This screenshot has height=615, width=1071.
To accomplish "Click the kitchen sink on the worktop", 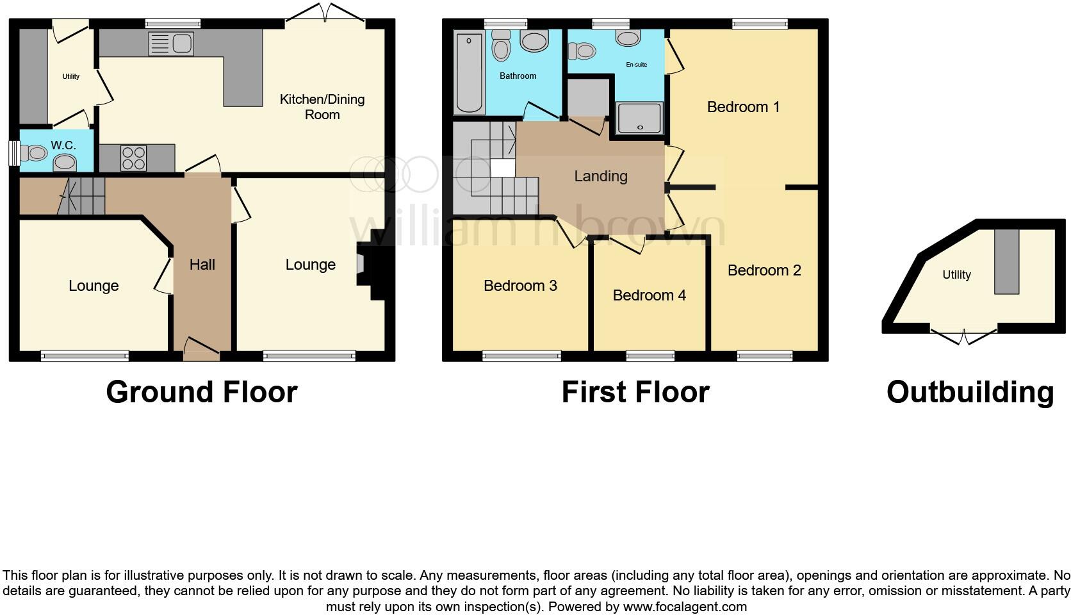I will [x=170, y=44].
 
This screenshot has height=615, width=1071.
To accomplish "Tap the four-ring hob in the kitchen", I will [x=133, y=158].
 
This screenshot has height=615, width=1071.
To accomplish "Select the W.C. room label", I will [x=63, y=145].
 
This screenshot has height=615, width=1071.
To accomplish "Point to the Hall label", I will [x=202, y=265].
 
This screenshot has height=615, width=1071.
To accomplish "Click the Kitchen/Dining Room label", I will [x=322, y=107].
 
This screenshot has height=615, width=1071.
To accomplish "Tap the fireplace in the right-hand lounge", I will [x=362, y=263].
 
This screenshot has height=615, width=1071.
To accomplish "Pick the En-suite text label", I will [x=637, y=65].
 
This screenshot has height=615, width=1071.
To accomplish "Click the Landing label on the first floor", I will [x=600, y=176].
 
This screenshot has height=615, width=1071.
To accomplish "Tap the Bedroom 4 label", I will [x=649, y=295].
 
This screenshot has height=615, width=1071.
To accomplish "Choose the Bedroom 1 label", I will [x=743, y=107].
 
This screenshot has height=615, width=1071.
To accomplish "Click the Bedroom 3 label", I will [x=520, y=286].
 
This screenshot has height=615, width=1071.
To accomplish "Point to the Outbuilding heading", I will [x=970, y=392].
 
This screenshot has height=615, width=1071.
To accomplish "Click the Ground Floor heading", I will [x=202, y=392].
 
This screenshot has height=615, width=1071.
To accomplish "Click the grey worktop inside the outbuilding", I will [x=1006, y=261].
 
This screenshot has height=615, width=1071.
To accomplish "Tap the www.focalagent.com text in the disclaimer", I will [x=685, y=607].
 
